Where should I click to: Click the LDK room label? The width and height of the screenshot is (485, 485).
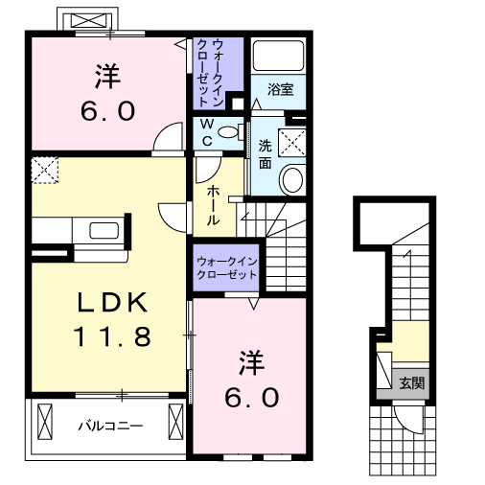pyautogui.click(x=111, y=303)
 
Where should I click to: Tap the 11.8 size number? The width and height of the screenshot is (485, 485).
pyautogui.click(x=111, y=336)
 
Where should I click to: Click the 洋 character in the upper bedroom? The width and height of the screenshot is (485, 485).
pyautogui.click(x=105, y=74)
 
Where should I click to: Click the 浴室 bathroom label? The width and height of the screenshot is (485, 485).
pyautogui.click(x=280, y=89)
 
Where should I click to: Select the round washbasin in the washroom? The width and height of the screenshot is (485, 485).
pyautogui.click(x=291, y=178)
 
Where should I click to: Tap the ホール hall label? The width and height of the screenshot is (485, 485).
pyautogui.click(x=213, y=205)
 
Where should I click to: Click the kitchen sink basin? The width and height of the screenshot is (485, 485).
pyautogui.click(x=102, y=230)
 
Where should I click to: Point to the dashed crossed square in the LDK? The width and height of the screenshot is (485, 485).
pyautogui.click(x=44, y=171)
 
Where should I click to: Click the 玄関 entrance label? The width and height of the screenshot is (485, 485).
pyautogui.click(x=411, y=382)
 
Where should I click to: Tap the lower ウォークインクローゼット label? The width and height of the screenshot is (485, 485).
pyautogui.click(x=227, y=267)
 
